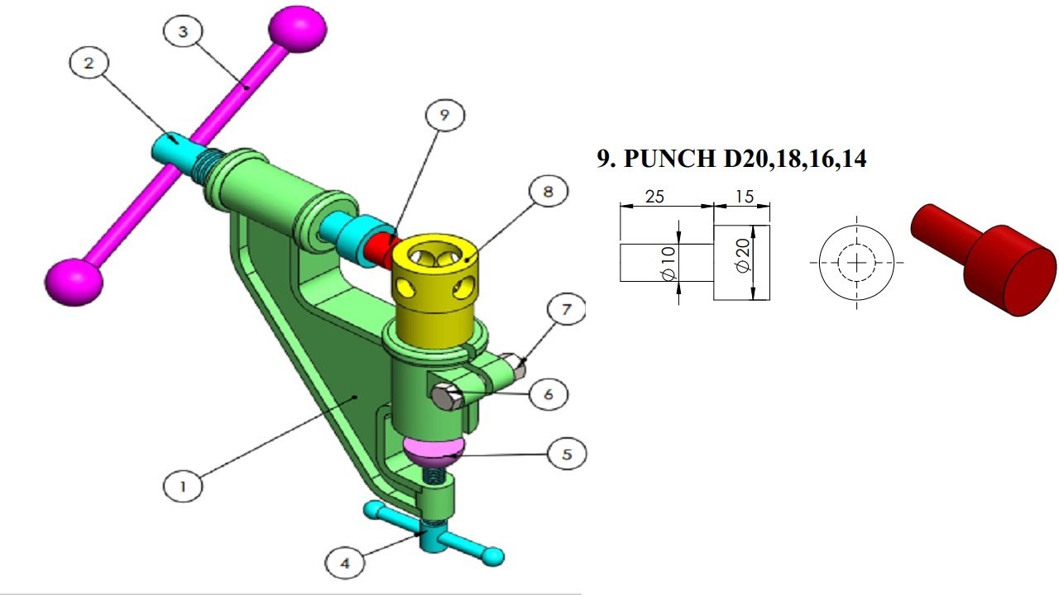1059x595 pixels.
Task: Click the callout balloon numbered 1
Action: (184, 485)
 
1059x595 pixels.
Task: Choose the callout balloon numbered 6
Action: (547, 394)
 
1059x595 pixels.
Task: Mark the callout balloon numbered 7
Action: (565, 311)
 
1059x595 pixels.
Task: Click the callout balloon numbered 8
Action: (546, 192)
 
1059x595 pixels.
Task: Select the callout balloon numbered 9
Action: (443, 116)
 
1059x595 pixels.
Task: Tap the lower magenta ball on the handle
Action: (74, 281)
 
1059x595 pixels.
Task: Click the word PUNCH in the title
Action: (671, 158)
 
